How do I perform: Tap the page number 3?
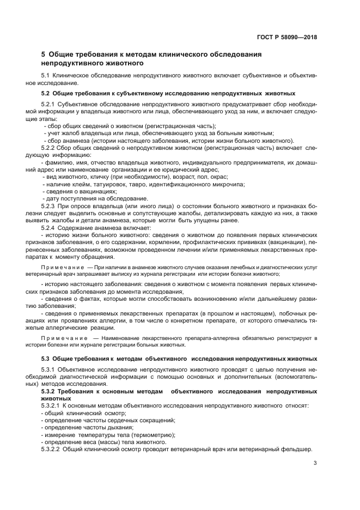click(315, 464)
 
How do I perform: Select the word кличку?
click(87, 177)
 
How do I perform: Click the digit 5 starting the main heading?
click(44, 54)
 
